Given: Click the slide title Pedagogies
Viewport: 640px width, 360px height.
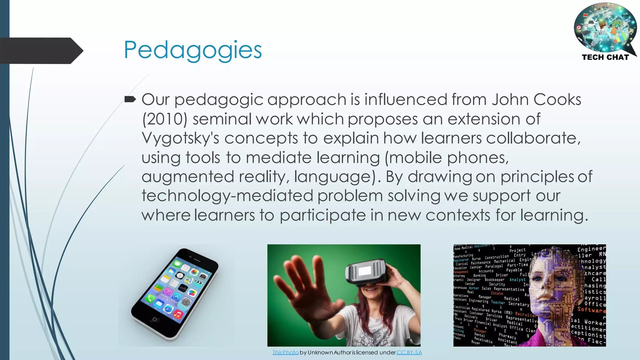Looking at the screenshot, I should tap(192, 50).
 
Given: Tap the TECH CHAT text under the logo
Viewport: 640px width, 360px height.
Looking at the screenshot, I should tap(605, 57).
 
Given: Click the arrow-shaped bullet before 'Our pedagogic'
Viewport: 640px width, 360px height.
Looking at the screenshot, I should tap(130, 99).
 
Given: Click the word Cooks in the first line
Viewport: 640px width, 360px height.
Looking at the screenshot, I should tap(557, 100).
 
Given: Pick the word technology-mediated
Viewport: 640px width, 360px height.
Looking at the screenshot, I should tap(227, 196).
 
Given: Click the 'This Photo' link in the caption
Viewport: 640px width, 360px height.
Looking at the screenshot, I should tap(285, 352).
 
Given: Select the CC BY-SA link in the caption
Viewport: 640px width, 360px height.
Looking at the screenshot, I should tap(409, 352).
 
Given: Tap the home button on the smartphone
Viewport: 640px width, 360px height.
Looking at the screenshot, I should tap(154, 319).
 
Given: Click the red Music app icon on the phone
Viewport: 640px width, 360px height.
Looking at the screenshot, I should tap(177, 314).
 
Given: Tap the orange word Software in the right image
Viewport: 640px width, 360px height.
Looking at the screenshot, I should tap(591, 310).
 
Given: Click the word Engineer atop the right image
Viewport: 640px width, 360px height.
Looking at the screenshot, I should tap(591, 249).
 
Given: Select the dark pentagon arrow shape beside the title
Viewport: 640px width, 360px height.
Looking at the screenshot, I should tap(41, 51).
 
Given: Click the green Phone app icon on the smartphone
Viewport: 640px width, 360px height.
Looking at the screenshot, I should tap(149, 298).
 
